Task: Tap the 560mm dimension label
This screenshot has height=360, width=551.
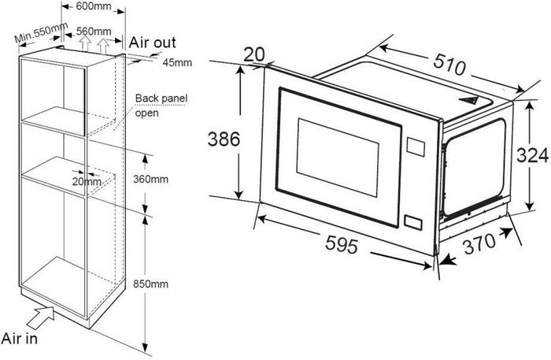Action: point(92,31)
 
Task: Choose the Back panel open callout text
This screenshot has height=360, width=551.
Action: point(160,106)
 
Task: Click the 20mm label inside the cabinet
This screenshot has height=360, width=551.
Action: point(87,182)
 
